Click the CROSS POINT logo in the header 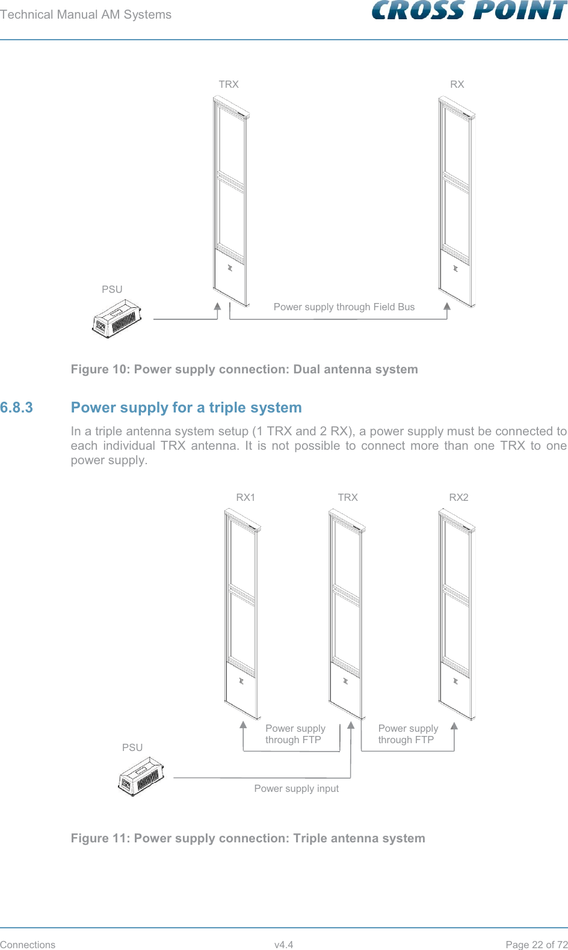[469, 11]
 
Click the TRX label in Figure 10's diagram [229, 84]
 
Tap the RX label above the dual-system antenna [457, 84]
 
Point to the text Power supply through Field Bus [344, 307]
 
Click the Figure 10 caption [244, 369]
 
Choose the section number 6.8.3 [17, 408]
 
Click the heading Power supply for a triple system [186, 408]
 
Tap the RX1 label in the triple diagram [245, 497]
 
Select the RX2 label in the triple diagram [458, 497]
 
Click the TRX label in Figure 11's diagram [348, 497]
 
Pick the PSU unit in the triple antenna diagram [141, 778]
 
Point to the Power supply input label [296, 788]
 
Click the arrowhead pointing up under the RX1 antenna [243, 725]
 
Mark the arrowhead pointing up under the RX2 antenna [454, 725]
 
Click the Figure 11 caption [248, 838]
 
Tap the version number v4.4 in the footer [283, 945]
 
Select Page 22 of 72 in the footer [536, 945]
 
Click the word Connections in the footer [28, 945]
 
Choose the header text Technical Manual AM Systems [85, 14]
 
